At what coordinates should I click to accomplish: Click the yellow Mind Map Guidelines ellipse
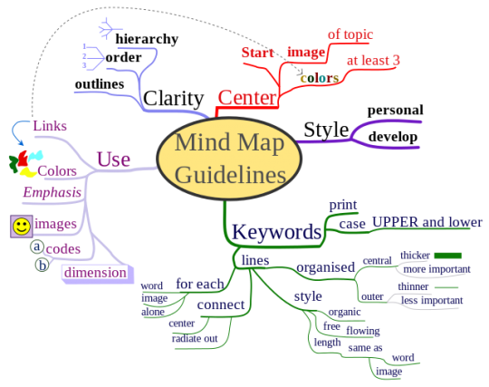click(229, 159)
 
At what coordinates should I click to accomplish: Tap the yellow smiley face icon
click(22, 227)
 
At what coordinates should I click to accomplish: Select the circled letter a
click(37, 247)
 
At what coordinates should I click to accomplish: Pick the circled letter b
click(42, 265)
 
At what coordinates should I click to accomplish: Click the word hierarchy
click(147, 39)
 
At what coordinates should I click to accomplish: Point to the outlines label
click(100, 84)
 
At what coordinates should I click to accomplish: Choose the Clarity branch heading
click(173, 98)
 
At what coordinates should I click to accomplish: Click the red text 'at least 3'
click(373, 60)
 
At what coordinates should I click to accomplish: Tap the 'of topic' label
click(350, 34)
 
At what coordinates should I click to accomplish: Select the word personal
click(396, 111)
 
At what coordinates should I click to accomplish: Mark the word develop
click(393, 137)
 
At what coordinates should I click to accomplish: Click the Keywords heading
click(276, 232)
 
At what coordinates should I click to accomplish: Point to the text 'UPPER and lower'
click(427, 222)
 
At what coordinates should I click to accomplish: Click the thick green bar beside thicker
click(448, 256)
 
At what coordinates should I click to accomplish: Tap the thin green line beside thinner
click(446, 287)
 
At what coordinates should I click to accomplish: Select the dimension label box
click(98, 274)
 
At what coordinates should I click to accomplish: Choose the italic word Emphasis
click(53, 192)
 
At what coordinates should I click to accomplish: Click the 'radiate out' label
click(195, 338)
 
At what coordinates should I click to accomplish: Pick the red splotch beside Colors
click(23, 159)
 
